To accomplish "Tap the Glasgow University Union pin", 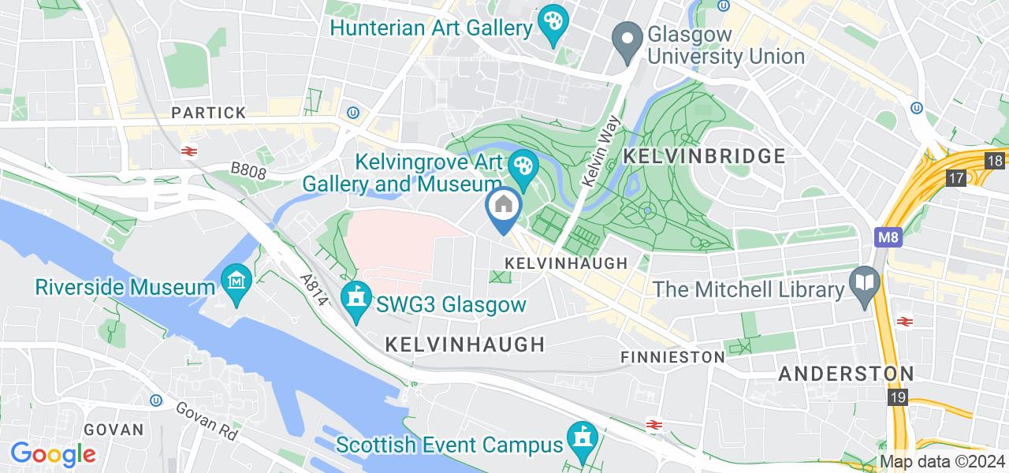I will (x=627, y=40).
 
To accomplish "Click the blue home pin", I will (x=503, y=207).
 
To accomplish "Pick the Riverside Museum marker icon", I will (x=236, y=281).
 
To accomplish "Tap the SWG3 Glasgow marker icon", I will (x=357, y=298).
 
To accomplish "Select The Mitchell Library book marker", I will (x=865, y=281).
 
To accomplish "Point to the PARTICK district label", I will (x=209, y=113).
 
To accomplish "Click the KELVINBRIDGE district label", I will (x=704, y=156).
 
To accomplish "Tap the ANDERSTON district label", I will (x=846, y=374).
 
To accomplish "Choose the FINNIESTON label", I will (x=672, y=357).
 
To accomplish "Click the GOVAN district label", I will (x=113, y=430).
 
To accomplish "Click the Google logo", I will (x=53, y=454).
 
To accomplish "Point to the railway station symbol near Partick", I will (x=188, y=151).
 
